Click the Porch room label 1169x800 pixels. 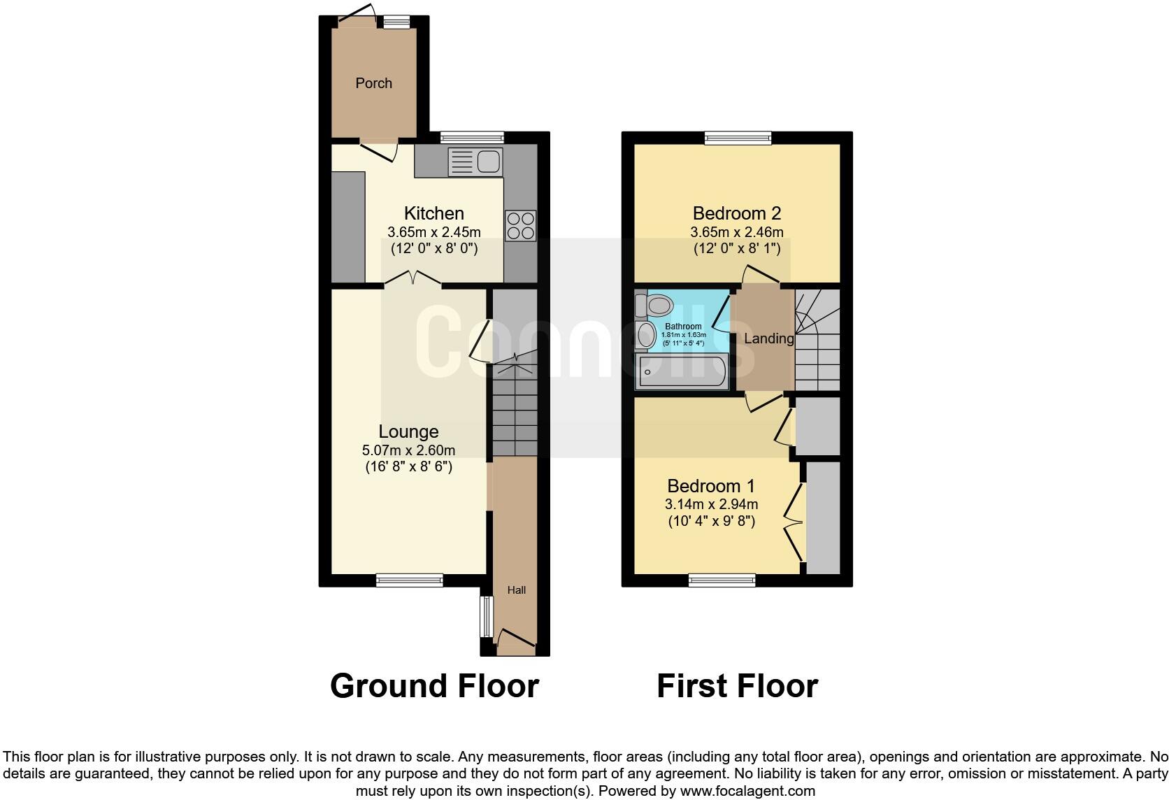pos(373,83)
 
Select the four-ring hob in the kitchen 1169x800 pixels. pos(520,226)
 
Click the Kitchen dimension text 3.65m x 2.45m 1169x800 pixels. pos(433,232)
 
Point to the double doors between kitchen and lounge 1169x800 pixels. pos(413,279)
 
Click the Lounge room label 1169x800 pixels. pos(408,431)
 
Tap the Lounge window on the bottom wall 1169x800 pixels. pos(409,580)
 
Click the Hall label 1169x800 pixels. pos(516,590)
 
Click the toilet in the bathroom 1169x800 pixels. pos(656,306)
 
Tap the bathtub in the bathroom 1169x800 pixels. pos(682,371)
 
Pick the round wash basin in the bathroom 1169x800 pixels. pos(646,334)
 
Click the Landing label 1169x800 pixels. pos(768,338)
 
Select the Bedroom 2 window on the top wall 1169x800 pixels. pos(738,138)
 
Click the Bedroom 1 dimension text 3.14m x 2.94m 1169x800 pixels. pos(711,504)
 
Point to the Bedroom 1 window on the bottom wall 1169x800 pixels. pos(722,580)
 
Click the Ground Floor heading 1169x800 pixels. pos(434,686)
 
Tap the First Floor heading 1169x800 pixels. pos(737,686)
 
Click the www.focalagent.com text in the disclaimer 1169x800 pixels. pos(747,792)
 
